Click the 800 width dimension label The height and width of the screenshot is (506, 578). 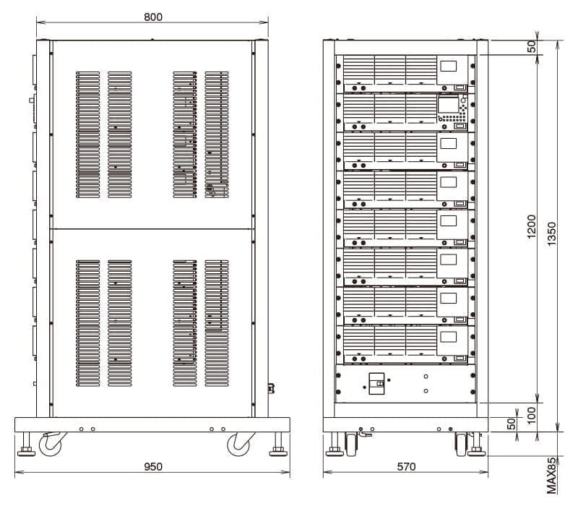click(152, 17)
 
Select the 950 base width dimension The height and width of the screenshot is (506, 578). click(152, 466)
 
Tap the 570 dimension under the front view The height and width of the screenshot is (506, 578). click(406, 466)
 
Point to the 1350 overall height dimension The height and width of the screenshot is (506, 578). click(551, 233)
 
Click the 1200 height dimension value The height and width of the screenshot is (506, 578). click(531, 226)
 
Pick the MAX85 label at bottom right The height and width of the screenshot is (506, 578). click(551, 476)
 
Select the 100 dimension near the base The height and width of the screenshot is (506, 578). click(531, 416)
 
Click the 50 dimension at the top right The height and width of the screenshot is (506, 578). click(531, 47)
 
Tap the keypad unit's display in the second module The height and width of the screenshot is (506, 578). click(448, 105)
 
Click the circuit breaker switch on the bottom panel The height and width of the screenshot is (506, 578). click(376, 384)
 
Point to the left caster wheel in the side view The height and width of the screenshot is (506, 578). click(51, 444)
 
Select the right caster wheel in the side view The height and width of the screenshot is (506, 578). click(240, 444)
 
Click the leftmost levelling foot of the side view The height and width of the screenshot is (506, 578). click(27, 445)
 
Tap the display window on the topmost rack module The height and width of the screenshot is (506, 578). click(448, 66)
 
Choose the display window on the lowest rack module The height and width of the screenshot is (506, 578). click(448, 337)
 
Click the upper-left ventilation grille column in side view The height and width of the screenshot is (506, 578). click(87, 134)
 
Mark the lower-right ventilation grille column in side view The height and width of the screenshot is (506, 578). click(217, 323)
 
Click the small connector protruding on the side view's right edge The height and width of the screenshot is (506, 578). click(272, 388)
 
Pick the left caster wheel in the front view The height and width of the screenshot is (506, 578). click(351, 445)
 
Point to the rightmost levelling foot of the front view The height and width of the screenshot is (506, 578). click(477, 445)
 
